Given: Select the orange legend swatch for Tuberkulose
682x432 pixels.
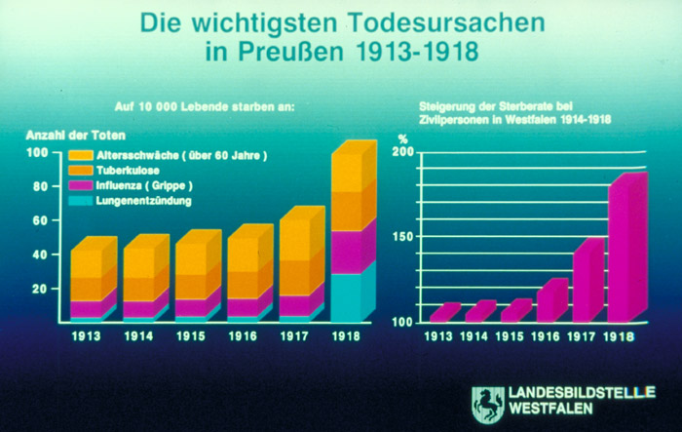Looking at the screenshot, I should (x=80, y=170).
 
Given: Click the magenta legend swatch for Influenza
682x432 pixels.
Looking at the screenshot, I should (x=80, y=185).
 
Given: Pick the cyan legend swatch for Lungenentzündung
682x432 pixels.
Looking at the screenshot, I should (x=80, y=201).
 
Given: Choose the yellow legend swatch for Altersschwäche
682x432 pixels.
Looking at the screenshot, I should (x=80, y=155).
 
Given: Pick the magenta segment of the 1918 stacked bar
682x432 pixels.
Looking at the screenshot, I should (x=352, y=251).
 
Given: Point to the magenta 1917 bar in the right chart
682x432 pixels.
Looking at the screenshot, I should (x=587, y=282).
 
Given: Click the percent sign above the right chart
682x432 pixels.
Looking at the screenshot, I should (x=401, y=137).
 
